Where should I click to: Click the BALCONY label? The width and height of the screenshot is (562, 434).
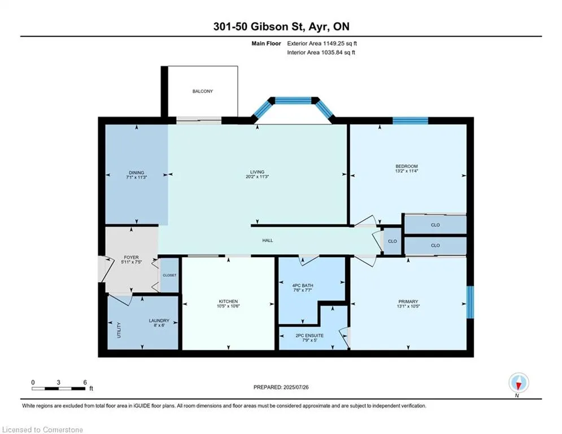203,91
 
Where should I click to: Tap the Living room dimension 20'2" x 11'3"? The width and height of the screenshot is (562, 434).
258,176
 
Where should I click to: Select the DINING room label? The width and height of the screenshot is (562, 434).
137,172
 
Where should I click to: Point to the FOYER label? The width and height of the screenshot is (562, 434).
131,257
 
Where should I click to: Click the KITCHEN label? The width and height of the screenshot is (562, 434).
228,301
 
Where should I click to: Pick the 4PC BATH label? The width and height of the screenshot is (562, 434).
303,285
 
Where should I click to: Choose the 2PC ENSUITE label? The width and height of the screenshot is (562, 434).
310,335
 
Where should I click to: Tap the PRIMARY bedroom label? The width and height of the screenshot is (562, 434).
408,302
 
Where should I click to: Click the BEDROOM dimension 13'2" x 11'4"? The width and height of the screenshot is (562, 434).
407,171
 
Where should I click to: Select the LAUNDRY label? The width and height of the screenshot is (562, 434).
159,320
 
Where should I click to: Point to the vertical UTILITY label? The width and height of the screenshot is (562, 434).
119,330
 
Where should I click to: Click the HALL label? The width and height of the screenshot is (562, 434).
267,240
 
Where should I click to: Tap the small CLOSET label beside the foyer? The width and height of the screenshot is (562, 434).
169,275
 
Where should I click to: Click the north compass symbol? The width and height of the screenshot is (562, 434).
519,383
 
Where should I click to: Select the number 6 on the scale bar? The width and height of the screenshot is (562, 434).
85,383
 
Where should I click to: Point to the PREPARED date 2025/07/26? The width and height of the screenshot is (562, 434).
296,387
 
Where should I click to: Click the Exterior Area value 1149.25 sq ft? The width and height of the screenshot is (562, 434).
340,44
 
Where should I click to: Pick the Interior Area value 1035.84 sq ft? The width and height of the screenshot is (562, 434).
339,53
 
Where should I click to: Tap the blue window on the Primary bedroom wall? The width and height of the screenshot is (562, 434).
470,302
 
